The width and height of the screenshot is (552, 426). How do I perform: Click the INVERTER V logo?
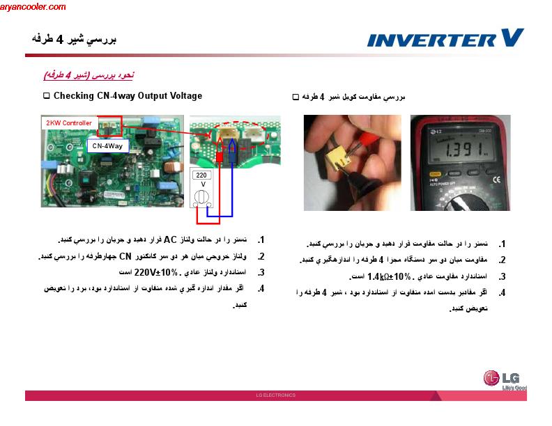pos(445,38)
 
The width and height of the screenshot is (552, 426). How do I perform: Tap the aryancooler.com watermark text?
pos(33,7)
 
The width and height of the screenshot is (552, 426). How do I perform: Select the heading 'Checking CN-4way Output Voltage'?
pos(128,96)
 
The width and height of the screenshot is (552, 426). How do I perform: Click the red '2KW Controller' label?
pos(69,123)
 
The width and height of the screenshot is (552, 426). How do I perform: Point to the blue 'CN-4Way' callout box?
pos(107,145)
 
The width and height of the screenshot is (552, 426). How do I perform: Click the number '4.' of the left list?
pos(261,289)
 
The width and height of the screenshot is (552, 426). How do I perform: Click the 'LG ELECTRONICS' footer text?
pos(276,395)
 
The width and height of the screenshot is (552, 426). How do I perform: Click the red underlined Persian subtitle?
pos(89,74)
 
